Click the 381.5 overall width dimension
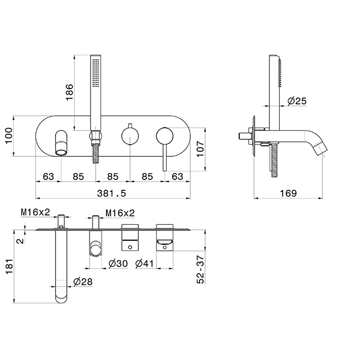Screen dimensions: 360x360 [112, 193]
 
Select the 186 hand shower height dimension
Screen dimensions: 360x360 [69, 92]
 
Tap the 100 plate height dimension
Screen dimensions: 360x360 [9, 136]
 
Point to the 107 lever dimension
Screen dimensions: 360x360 [200, 149]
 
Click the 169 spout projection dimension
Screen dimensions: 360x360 [288, 193]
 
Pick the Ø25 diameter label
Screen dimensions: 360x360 [297, 101]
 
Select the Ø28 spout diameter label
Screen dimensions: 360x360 [83, 281]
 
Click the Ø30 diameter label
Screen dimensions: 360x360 [118, 263]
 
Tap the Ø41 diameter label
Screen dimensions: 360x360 [145, 263]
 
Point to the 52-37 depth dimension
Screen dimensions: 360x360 [200, 270]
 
